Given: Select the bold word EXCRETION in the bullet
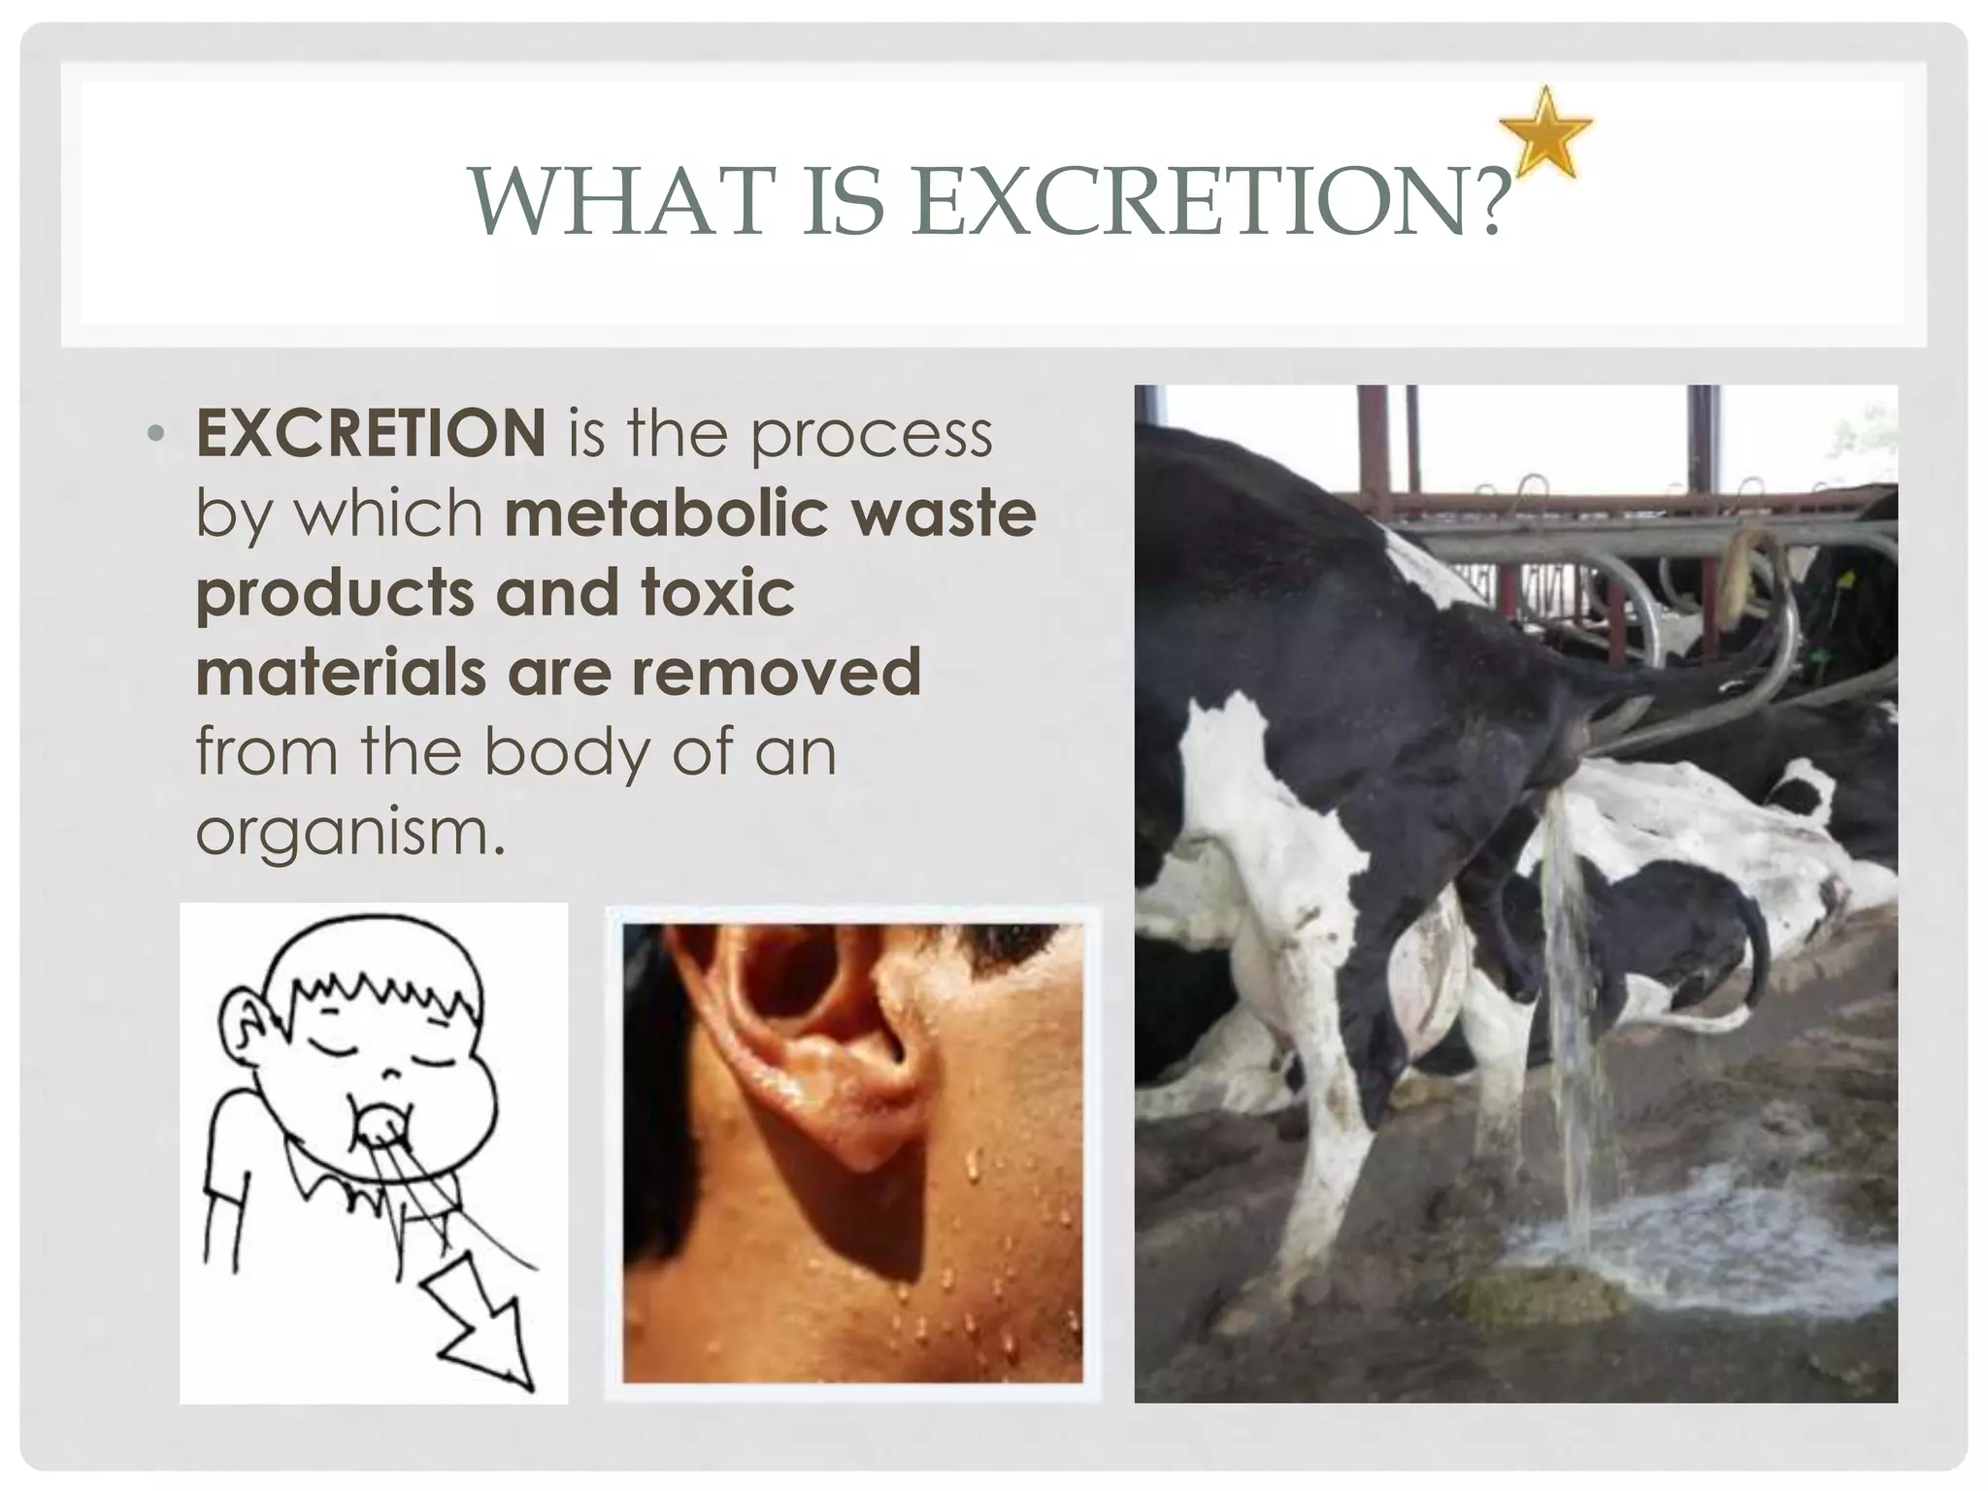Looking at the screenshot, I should click(371, 433).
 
